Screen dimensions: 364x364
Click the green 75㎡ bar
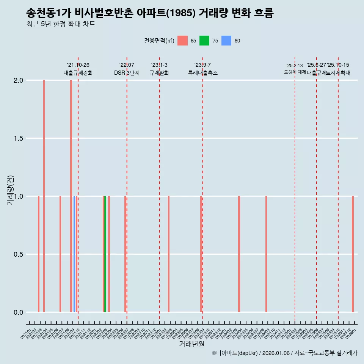click(105, 254)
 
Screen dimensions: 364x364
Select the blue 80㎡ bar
click(74, 254)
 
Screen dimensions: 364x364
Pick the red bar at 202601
click(353, 254)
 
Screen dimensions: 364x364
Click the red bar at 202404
click(239, 254)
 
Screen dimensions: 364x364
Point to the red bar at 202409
click(266, 254)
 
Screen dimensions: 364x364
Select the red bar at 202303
click(169, 254)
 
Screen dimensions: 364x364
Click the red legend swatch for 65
click(182, 41)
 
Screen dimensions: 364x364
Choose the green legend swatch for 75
click(204, 41)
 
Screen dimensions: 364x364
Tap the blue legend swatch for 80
click(226, 41)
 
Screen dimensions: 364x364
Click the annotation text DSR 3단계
click(127, 73)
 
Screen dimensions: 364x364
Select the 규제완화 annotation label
click(159, 73)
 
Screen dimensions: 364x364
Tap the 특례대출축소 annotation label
click(203, 73)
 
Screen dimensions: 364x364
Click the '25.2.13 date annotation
click(295, 66)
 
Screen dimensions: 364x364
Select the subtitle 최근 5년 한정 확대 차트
click(61, 24)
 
